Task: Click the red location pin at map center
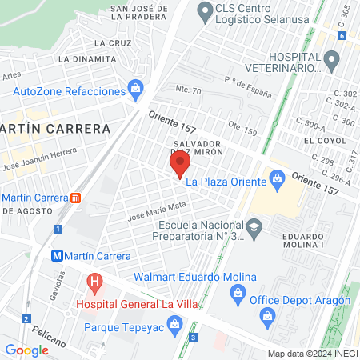[180, 165]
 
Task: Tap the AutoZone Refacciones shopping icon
[135, 88]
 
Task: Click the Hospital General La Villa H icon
[95, 283]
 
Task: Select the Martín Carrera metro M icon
[57, 256]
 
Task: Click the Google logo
[26, 350]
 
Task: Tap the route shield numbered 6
[342, 36]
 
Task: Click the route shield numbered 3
[194, 337]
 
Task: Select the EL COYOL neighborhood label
[323, 139]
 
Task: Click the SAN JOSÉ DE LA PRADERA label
[150, 10]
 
